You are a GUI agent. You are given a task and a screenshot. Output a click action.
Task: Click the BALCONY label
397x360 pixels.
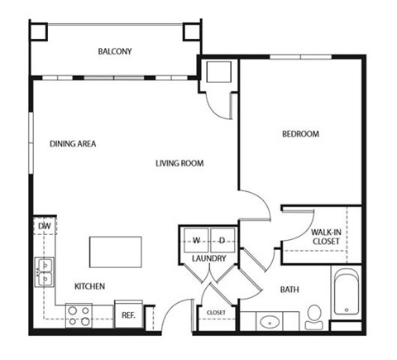115,51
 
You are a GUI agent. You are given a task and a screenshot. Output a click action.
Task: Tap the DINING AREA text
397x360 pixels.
73,143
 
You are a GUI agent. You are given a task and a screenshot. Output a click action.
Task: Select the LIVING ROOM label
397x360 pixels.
179,163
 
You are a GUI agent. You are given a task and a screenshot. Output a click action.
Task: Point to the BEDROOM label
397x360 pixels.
300,133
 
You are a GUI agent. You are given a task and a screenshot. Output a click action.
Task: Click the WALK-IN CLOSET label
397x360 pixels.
328,238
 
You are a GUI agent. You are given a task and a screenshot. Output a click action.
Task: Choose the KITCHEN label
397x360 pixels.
89,286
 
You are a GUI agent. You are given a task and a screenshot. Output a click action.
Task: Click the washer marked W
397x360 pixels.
197,240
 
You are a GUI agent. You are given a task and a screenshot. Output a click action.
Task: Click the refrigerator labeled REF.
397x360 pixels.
129,315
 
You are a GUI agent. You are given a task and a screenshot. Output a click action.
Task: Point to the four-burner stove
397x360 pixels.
79,314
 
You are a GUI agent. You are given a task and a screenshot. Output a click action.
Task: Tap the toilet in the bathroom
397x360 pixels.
313,314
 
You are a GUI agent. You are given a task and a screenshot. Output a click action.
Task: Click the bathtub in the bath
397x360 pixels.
345,294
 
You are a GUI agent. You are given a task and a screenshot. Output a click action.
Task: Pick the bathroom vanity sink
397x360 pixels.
270,319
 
